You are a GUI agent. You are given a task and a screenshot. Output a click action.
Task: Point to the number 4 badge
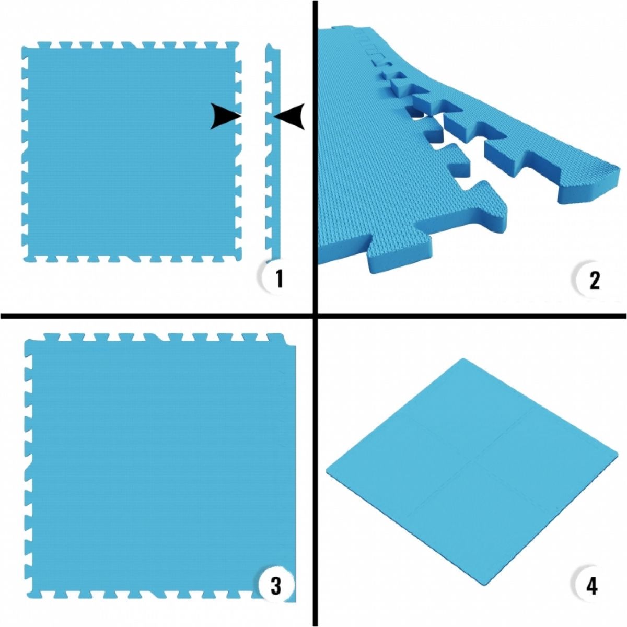pos(591,585)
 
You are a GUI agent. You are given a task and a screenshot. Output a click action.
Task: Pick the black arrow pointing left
pos(289,115)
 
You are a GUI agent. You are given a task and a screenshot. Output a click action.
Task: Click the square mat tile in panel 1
pos(131,152)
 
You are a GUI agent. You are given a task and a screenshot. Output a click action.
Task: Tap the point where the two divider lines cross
pos(315,316)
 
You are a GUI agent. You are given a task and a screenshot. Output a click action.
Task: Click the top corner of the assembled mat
pos(462,359)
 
